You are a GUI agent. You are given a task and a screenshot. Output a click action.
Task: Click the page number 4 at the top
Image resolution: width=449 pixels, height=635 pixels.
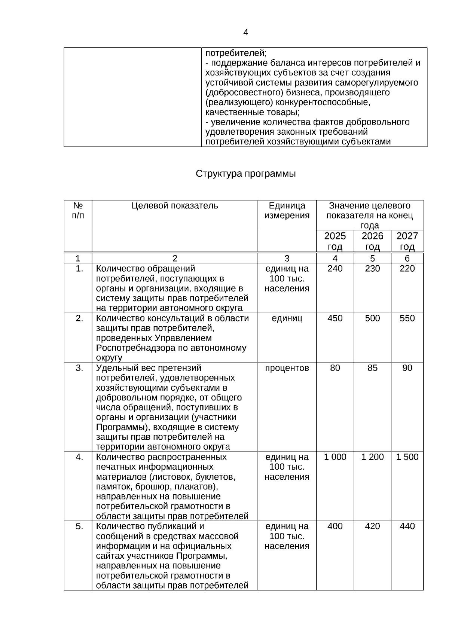pyautogui.click(x=245, y=33)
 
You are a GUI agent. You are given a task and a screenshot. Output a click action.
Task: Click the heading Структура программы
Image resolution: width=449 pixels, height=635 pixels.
pyautogui.click(x=245, y=174)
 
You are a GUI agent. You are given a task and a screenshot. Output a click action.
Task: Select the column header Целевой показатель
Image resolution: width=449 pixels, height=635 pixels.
pyautogui.click(x=174, y=206)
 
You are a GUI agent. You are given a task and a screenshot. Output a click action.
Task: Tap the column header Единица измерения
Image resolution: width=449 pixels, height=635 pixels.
pyautogui.click(x=287, y=210)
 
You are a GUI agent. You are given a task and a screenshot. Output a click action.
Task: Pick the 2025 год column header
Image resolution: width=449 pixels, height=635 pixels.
pyautogui.click(x=335, y=241)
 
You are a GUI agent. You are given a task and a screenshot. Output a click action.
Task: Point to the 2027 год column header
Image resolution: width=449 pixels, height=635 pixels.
pyautogui.click(x=407, y=241)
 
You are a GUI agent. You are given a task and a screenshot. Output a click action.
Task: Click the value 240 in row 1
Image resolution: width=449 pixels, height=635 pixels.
pyautogui.click(x=335, y=269)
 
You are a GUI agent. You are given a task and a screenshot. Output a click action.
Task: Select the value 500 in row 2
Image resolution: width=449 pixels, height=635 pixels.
pyautogui.click(x=372, y=318)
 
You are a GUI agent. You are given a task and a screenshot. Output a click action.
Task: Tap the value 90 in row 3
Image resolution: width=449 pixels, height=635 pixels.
pyautogui.click(x=407, y=368)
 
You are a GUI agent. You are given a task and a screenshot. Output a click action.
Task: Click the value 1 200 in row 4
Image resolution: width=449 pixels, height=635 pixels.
pyautogui.click(x=372, y=457)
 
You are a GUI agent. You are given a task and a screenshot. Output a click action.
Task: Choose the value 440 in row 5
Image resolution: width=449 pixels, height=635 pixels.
pyautogui.click(x=407, y=526)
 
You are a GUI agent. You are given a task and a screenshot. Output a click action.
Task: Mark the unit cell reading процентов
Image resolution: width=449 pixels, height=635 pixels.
pyautogui.click(x=287, y=368)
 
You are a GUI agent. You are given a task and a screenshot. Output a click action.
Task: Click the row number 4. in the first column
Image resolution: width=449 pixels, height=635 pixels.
pyautogui.click(x=79, y=457)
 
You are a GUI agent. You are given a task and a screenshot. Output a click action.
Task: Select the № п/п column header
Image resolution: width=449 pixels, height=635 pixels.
pyautogui.click(x=78, y=210)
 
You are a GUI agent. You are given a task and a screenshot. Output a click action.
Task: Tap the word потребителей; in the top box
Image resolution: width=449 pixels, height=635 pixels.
pyautogui.click(x=236, y=53)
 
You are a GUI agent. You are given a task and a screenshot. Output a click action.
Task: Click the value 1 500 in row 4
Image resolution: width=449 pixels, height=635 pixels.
pyautogui.click(x=407, y=457)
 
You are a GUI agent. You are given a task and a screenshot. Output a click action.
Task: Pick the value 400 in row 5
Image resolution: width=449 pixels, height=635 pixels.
pyautogui.click(x=335, y=526)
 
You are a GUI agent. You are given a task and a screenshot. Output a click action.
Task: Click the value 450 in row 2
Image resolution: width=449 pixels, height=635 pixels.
pyautogui.click(x=335, y=318)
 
